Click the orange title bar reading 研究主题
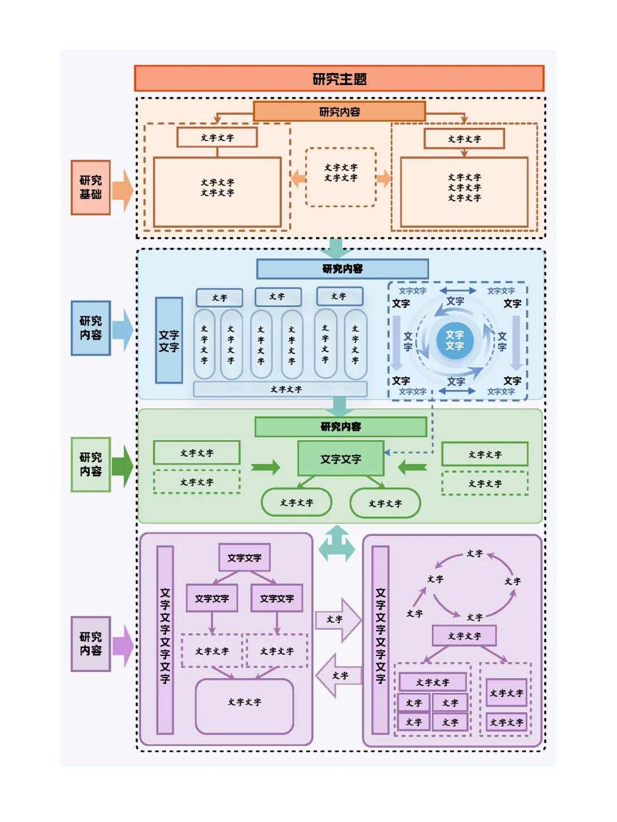(339, 79)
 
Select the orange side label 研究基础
(90, 188)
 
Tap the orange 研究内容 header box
(339, 111)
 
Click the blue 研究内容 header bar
(342, 269)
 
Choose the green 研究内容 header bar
(340, 426)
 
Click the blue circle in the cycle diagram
(455, 340)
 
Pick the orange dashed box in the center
(340, 177)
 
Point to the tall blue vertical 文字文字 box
(169, 340)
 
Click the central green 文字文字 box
(340, 458)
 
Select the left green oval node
(297, 502)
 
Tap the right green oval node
(385, 503)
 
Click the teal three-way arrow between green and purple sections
(336, 543)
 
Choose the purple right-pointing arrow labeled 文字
(339, 619)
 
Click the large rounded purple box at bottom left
(245, 706)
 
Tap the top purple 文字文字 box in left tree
(245, 557)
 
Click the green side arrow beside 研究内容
(122, 466)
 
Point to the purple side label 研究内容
(90, 643)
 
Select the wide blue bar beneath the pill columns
(280, 389)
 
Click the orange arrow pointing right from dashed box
(384, 178)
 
